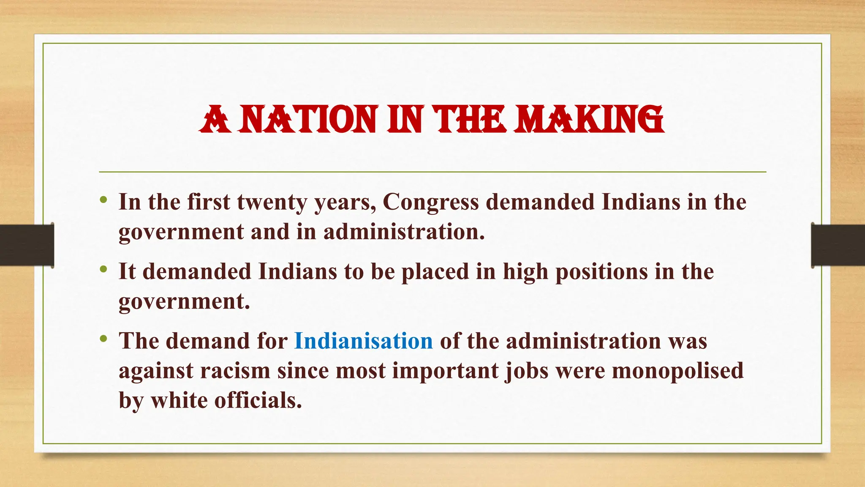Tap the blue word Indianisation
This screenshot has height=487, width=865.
point(364,341)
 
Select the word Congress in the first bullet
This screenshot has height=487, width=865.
point(430,202)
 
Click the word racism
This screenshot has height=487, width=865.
point(235,371)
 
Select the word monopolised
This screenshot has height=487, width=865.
point(677,371)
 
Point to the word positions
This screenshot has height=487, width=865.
point(601,272)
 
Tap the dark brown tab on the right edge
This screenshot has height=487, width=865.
point(838,245)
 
